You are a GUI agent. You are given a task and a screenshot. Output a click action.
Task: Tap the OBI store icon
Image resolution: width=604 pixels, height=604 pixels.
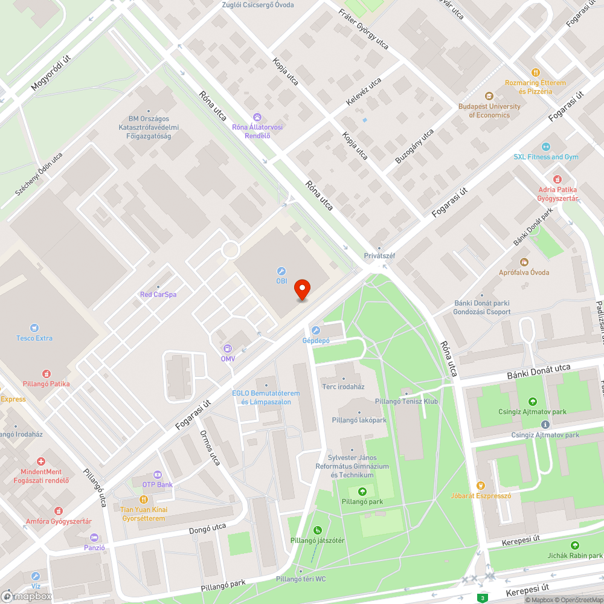281,271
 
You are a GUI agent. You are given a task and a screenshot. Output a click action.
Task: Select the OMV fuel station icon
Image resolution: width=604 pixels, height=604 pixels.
228,349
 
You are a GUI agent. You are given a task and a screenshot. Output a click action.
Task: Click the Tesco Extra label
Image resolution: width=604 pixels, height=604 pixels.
34,338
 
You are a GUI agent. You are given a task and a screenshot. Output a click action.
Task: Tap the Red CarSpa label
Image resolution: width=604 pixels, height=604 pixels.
158,295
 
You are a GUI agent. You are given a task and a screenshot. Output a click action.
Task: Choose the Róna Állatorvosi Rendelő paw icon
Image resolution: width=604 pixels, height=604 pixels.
257,117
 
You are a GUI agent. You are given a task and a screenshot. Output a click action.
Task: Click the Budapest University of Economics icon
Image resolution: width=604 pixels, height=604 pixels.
489,96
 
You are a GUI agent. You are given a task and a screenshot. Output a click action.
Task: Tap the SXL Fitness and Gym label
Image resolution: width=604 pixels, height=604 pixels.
546,157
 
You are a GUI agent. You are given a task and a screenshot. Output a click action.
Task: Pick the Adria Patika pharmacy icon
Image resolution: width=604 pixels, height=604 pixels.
557,179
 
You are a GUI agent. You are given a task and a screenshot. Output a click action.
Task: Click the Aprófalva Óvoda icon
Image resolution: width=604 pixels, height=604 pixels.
524,262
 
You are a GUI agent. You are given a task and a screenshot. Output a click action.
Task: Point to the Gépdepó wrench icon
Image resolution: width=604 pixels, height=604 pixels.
315,330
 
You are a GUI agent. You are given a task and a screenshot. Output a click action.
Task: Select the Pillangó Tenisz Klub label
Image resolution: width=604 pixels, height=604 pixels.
406,401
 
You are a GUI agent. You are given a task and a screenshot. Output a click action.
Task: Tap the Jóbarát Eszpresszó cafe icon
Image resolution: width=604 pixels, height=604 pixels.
481,486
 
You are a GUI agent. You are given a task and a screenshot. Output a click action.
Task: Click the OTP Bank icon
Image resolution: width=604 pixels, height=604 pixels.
157,475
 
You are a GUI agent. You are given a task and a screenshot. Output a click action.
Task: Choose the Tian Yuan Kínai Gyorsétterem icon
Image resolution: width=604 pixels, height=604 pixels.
143,500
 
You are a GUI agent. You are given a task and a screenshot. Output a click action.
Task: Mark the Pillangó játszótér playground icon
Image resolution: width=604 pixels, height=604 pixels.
317,530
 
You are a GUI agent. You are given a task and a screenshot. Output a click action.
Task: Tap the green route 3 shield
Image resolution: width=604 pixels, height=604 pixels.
482,598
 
